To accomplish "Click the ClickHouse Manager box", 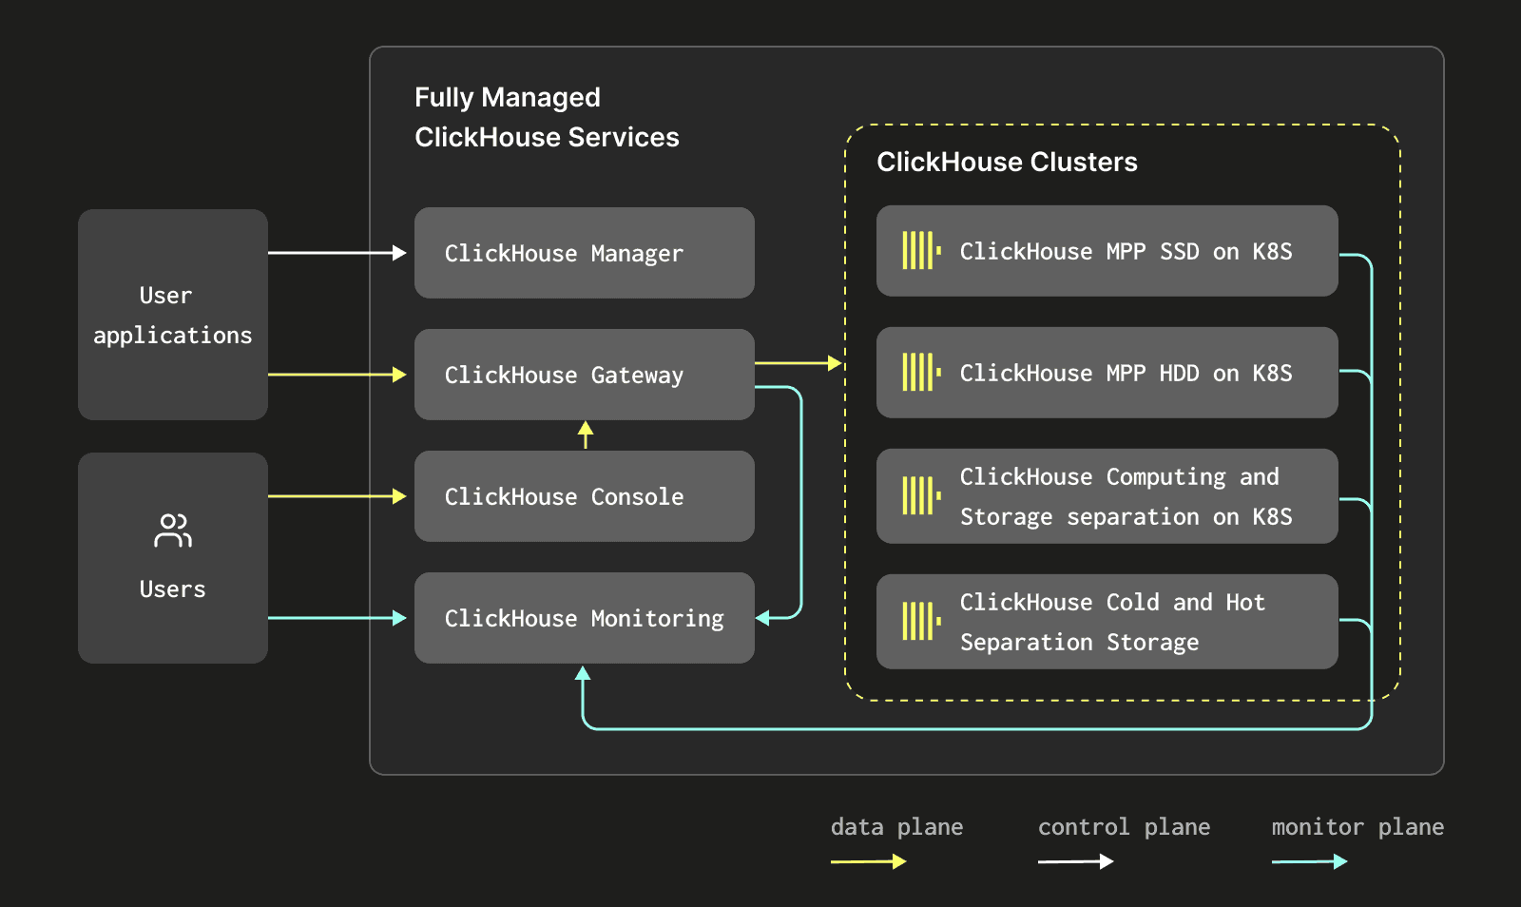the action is pyautogui.click(x=584, y=253).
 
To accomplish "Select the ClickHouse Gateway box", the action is pyautogui.click(x=584, y=374).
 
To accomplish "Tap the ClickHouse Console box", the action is pyautogui.click(x=584, y=496).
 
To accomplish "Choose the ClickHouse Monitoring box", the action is pyautogui.click(x=584, y=618).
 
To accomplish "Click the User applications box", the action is pyautogui.click(x=172, y=315).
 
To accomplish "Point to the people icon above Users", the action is pyautogui.click(x=172, y=531).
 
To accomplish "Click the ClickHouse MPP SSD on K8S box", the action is pyautogui.click(x=1107, y=250).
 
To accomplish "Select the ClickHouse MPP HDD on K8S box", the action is pyautogui.click(x=1107, y=372).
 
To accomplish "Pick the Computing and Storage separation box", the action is pyautogui.click(x=1107, y=495).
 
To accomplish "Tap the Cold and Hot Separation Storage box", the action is pyautogui.click(x=1107, y=621).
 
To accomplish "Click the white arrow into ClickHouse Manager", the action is pyautogui.click(x=337, y=253).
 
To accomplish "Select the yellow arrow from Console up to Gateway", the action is pyautogui.click(x=586, y=434).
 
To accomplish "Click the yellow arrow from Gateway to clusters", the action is pyautogui.click(x=799, y=363).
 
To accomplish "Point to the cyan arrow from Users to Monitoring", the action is pyautogui.click(x=337, y=618).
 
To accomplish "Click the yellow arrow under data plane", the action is pyautogui.click(x=869, y=861).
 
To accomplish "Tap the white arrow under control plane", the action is pyautogui.click(x=1075, y=861).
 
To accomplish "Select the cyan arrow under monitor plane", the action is pyautogui.click(x=1309, y=861).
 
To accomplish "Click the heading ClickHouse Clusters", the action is pyautogui.click(x=1007, y=162).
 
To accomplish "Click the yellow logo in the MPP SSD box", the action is pyautogui.click(x=921, y=250).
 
